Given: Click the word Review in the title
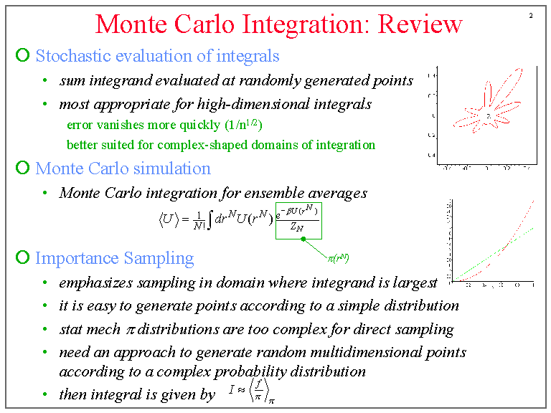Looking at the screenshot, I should (x=420, y=24).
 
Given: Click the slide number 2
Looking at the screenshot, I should (x=531, y=15).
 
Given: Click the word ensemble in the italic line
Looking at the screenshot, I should (x=285, y=193).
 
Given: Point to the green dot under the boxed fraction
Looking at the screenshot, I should (x=303, y=239).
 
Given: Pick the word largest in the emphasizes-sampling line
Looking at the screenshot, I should (x=415, y=282).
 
